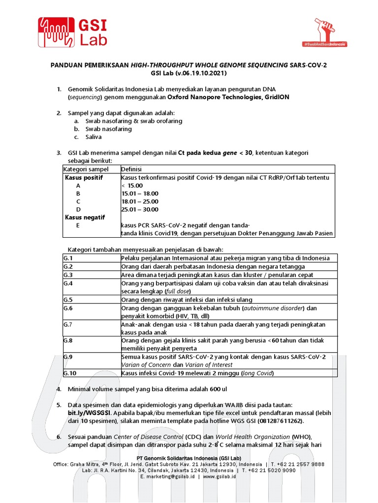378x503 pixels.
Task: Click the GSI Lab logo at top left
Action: [x=73, y=32]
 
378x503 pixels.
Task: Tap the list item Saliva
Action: [x=94, y=137]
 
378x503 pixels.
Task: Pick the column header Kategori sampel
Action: [x=86, y=169]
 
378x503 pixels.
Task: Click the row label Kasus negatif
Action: [x=86, y=217]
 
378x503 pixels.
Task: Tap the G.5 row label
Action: [x=68, y=300]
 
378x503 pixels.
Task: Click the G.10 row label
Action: [x=69, y=373]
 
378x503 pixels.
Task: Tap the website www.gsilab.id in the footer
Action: [x=220, y=476]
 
